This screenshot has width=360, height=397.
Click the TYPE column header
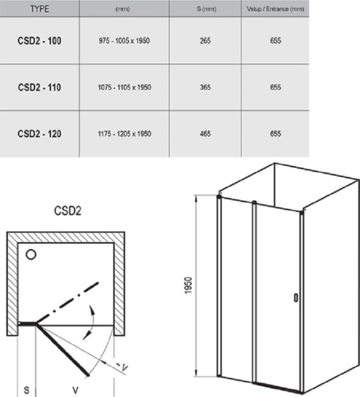pyautogui.click(x=40, y=9)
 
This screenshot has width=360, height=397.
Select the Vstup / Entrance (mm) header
pyautogui.click(x=275, y=9)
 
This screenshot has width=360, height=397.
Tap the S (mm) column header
pyautogui.click(x=206, y=9)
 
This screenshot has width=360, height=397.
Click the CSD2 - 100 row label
pyautogui.click(x=40, y=41)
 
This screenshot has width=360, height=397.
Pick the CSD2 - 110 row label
pyautogui.click(x=40, y=88)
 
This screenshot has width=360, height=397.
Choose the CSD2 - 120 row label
pyautogui.click(x=40, y=134)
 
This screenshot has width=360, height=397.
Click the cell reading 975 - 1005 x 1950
pyautogui.click(x=125, y=41)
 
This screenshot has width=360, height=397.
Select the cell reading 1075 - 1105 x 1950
pyautogui.click(x=125, y=88)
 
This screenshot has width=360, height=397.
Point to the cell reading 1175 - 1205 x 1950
pyautogui.click(x=125, y=134)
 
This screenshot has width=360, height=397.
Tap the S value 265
pyautogui.click(x=205, y=41)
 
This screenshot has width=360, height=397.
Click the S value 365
pyautogui.click(x=205, y=88)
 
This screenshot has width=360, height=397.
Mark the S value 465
pyautogui.click(x=205, y=134)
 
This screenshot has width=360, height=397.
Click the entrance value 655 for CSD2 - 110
pyautogui.click(x=276, y=88)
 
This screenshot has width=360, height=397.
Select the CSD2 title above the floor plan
pyautogui.click(x=68, y=211)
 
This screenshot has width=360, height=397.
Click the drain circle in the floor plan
pyautogui.click(x=31, y=254)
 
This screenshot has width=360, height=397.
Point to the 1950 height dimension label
pyautogui.click(x=189, y=286)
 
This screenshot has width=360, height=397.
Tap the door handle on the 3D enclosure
pyautogui.click(x=296, y=298)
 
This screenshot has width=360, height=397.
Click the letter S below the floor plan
pyautogui.click(x=27, y=390)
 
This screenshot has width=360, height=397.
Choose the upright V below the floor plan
pyautogui.click(x=75, y=390)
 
